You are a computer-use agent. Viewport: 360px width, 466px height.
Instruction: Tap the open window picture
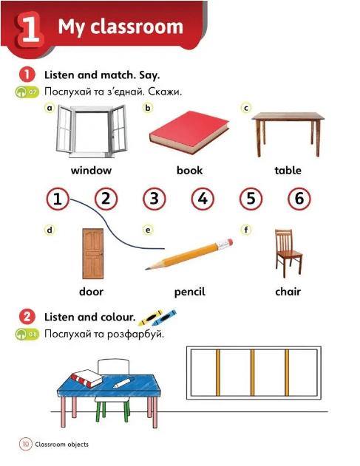(x=91, y=131)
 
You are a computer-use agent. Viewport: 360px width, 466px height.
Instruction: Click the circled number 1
(x=58, y=198)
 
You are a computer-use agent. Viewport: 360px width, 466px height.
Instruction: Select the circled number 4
(x=202, y=198)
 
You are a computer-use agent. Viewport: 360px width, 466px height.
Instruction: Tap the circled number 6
(x=298, y=198)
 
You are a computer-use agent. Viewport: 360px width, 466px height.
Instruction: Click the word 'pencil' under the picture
(x=189, y=292)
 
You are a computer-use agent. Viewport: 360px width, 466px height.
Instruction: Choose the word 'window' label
(x=91, y=171)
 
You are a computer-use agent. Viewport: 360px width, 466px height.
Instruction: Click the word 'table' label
(x=288, y=171)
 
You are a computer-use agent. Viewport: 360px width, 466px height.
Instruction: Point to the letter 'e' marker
(x=148, y=230)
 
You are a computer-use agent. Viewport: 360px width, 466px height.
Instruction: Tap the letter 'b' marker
(x=148, y=108)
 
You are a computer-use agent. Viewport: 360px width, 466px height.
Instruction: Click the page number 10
(x=25, y=444)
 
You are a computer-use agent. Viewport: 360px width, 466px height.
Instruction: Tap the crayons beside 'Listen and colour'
(x=157, y=318)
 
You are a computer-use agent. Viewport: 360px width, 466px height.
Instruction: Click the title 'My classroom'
(x=120, y=27)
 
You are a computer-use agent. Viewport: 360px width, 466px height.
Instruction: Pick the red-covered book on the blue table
(x=85, y=377)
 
